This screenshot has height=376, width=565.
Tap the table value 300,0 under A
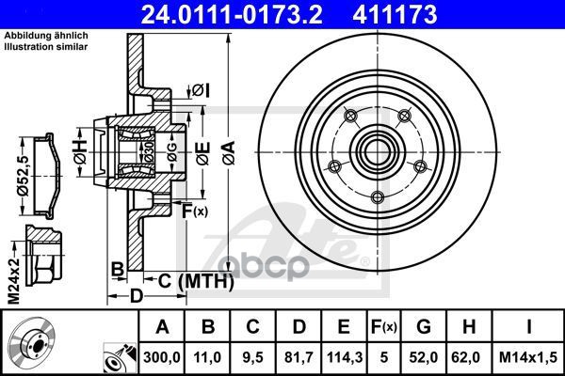coord(161,356)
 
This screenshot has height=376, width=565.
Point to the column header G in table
coord(424,328)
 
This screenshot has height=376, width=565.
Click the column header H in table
coord(467,328)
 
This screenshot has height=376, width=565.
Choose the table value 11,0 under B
coord(208,356)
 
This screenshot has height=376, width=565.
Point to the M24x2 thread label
coord(11,252)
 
